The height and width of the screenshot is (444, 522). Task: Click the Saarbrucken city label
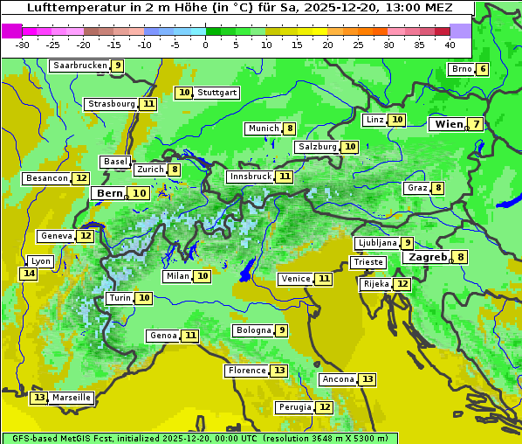[79, 66]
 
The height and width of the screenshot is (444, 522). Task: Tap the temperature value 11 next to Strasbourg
[149, 104]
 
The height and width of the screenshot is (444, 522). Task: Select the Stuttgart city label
[216, 93]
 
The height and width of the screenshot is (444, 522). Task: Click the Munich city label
[263, 128]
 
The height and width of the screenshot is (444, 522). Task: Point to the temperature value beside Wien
[475, 124]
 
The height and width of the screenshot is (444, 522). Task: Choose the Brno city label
[461, 69]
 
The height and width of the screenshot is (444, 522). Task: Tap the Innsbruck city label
[250, 177]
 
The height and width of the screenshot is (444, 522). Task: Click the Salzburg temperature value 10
[350, 147]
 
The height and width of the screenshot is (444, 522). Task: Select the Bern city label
[109, 193]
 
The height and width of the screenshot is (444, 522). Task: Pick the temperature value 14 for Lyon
[29, 274]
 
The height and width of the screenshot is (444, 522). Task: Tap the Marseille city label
[71, 398]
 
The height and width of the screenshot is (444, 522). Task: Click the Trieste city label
[367, 262]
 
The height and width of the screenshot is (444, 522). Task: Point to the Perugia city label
[294, 407]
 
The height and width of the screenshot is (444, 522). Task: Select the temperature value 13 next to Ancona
[367, 379]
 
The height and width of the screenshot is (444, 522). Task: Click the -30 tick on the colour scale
[23, 45]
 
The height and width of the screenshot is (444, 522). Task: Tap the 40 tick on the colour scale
[450, 45]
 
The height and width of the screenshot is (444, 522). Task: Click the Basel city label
[115, 162]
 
